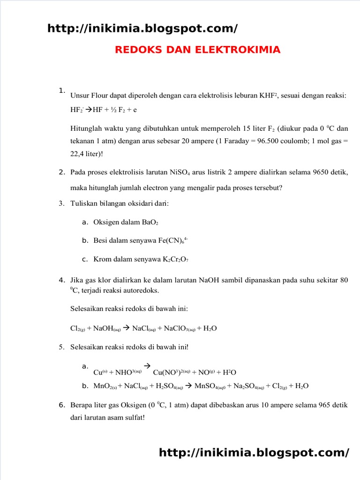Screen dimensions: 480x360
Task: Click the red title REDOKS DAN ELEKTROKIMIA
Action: click(197, 50)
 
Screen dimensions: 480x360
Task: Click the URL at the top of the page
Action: click(142, 29)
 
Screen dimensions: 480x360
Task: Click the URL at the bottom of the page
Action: click(254, 452)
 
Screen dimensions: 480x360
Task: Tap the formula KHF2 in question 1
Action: click(269, 96)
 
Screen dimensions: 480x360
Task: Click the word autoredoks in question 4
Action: click(141, 291)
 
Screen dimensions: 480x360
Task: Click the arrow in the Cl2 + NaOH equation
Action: click(126, 328)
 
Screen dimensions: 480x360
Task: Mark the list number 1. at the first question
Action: click(62, 90)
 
